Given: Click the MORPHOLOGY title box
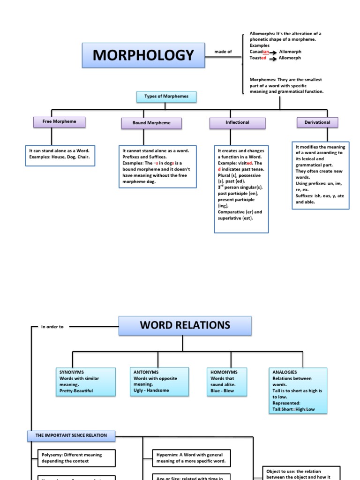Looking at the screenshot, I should click(143, 55).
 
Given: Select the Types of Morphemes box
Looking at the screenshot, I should click(166, 97).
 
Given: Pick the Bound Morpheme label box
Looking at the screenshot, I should click(151, 123).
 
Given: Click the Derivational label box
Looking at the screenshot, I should click(317, 122).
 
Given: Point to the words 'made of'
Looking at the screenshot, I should click(223, 52).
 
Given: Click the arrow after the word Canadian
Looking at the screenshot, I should click(276, 52).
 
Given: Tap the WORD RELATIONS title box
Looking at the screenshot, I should click(185, 325).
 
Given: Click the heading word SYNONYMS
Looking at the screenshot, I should click(72, 372).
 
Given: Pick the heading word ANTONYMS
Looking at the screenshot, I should click(146, 372).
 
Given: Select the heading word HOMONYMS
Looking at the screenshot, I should click(224, 372).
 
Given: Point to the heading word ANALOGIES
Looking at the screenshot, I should click(285, 372).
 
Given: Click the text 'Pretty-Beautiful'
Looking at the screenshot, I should click(76, 390).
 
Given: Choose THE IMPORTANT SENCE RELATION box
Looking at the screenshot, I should click(71, 435).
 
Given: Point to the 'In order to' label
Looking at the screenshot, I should click(52, 327).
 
